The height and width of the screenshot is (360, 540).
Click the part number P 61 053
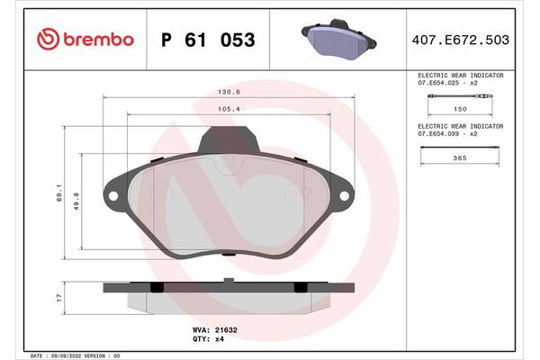207,40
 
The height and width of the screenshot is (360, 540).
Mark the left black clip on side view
155,287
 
